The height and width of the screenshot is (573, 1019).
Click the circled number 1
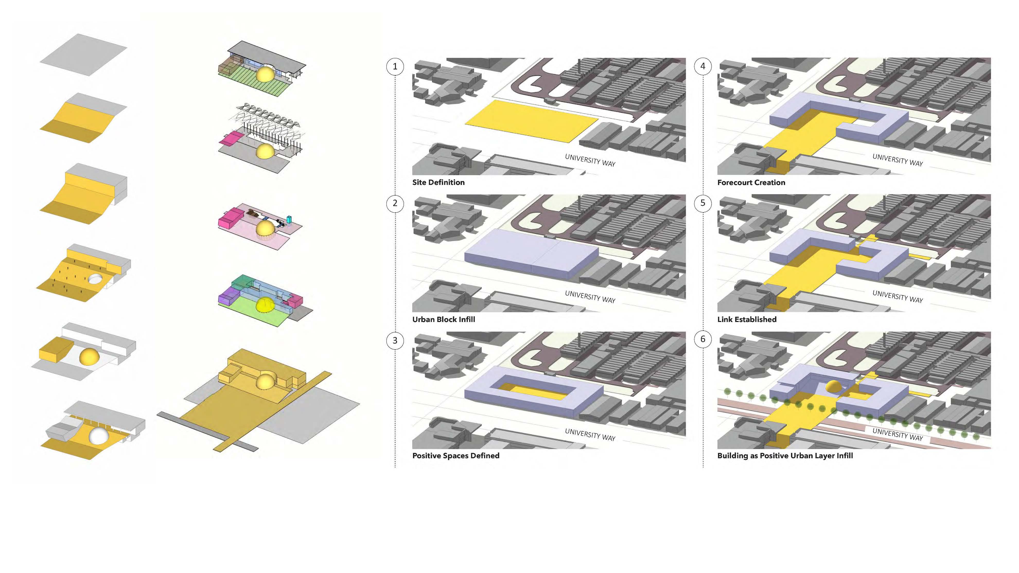(x=395, y=66)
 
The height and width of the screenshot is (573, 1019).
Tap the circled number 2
(x=395, y=203)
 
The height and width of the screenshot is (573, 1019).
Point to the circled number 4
(x=702, y=66)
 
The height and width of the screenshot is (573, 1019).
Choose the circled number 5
(x=702, y=203)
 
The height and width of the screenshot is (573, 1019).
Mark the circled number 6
(x=702, y=339)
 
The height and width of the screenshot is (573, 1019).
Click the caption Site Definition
(x=438, y=182)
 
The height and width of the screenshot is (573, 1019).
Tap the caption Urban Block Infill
(x=443, y=319)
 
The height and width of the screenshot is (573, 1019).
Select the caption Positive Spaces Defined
(x=456, y=455)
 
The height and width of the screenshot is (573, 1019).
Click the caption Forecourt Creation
(x=751, y=182)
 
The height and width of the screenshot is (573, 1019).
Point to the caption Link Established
(x=747, y=319)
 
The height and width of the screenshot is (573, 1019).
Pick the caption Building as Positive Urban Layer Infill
(x=785, y=455)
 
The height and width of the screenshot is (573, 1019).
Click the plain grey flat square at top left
(x=83, y=55)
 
